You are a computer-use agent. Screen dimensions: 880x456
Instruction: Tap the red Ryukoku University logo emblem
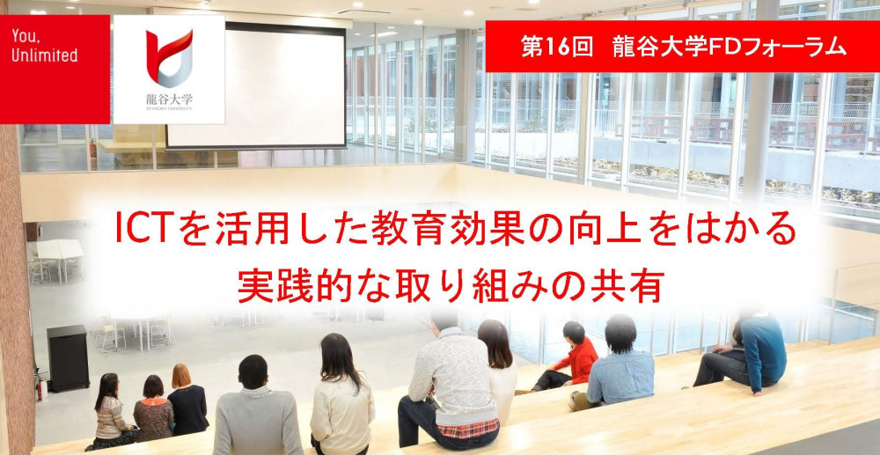[169, 57]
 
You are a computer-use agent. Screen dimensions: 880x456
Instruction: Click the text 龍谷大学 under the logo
[168, 99]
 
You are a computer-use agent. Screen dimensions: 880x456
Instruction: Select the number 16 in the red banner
[555, 48]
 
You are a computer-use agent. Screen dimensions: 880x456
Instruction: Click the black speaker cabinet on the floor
[68, 357]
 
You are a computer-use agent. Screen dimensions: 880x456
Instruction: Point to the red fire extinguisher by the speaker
[40, 388]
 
